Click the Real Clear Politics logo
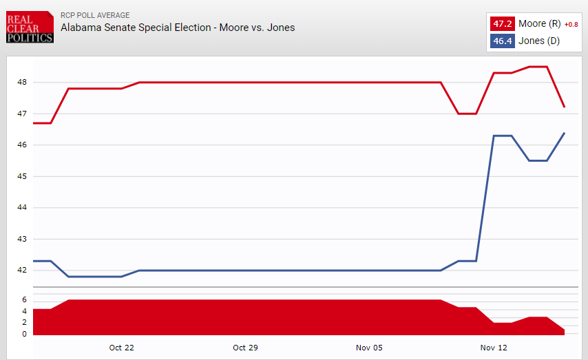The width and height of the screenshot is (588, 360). (29, 27)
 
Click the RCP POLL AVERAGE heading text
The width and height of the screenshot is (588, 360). (95, 15)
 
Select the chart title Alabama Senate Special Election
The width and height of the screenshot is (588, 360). (178, 28)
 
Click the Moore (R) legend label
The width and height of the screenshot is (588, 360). (540, 24)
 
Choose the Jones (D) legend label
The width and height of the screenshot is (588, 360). (538, 41)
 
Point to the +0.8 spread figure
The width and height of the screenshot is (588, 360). (571, 25)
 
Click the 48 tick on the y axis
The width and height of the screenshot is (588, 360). (22, 82)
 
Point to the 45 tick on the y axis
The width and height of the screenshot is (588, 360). (22, 176)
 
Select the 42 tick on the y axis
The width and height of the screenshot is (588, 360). (22, 270)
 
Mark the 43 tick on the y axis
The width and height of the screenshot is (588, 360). (22, 239)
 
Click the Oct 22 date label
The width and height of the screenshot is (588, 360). (121, 348)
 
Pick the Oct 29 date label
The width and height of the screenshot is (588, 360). (245, 348)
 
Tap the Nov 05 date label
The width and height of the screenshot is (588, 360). (369, 348)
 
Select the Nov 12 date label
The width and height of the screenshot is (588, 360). (493, 348)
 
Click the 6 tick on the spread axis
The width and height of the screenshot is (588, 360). (24, 300)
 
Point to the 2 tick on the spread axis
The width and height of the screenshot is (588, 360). (24, 323)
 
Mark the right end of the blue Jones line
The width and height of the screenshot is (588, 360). (565, 133)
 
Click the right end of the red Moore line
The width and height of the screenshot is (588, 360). (565, 107)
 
